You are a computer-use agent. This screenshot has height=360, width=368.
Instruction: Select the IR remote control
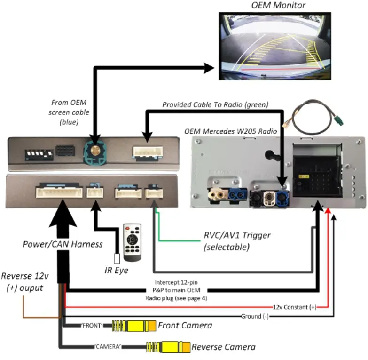(x=133, y=242)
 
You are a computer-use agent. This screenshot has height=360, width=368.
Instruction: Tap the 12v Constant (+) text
(x=294, y=307)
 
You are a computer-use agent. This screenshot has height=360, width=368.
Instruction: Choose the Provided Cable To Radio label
(x=215, y=104)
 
